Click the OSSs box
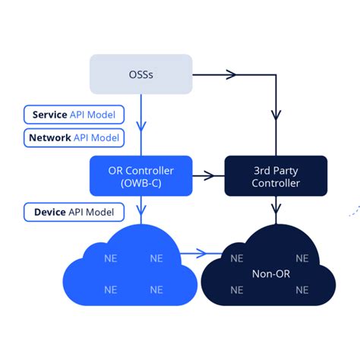(141, 74)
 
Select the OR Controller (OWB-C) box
(141, 176)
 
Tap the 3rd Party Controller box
(276, 176)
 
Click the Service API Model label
(74, 115)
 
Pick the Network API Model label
(74, 138)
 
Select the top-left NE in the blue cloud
(110, 258)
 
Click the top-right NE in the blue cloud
(156, 258)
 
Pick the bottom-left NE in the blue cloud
(110, 289)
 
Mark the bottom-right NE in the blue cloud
(156, 289)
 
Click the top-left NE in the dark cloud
(236, 258)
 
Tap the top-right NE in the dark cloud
(302, 258)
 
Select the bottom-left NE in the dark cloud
(236, 289)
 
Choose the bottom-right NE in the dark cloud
(302, 289)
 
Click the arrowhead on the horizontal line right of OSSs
(232, 74)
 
